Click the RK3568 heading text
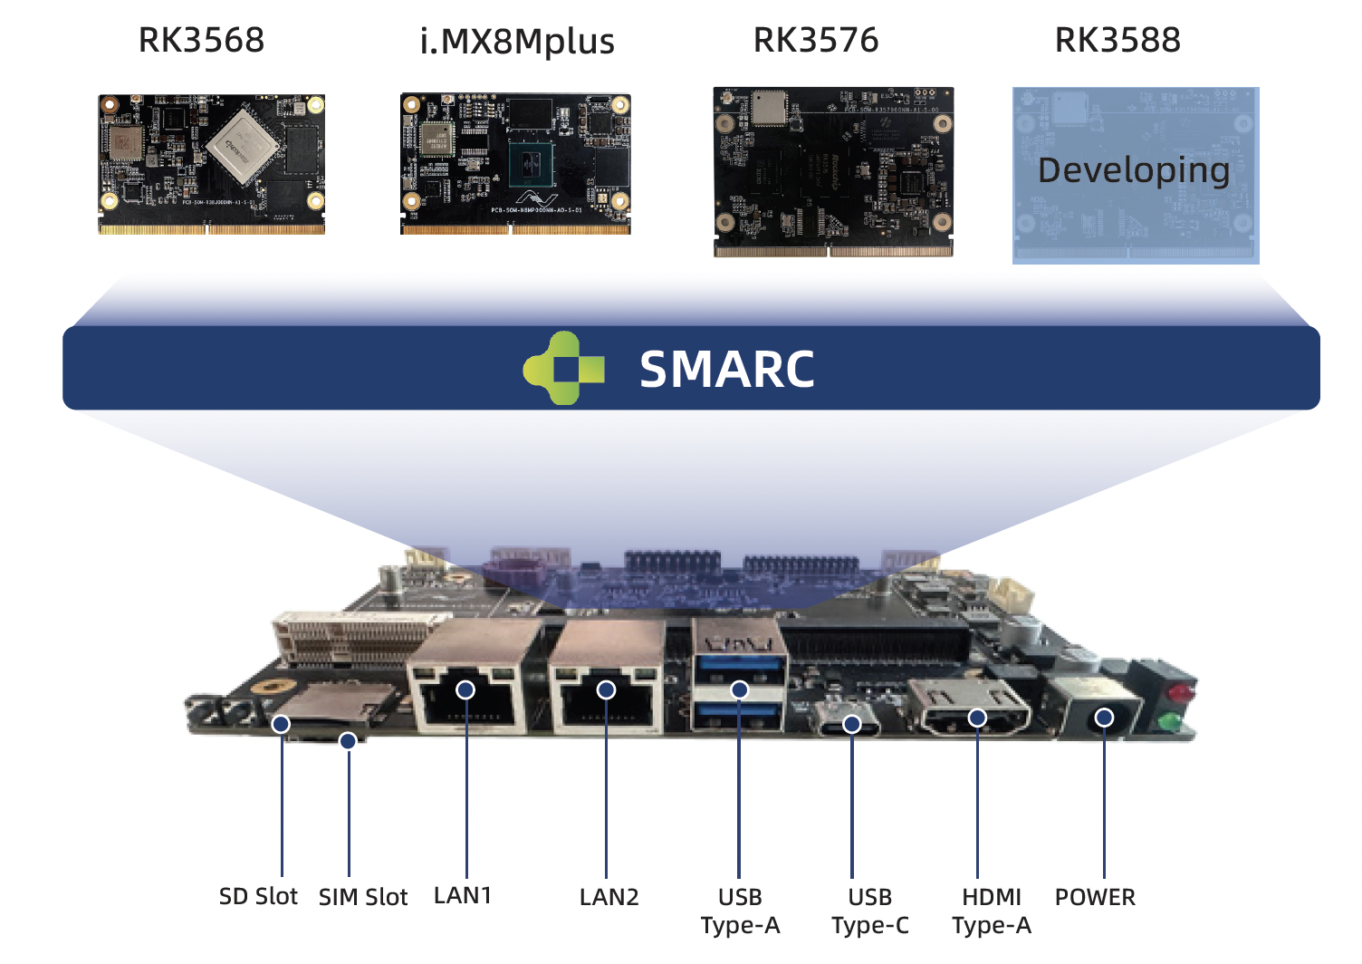[201, 40]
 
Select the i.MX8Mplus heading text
[517, 42]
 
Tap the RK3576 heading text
[816, 40]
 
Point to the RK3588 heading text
[1117, 40]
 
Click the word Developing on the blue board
[1134, 170]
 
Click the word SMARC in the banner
[727, 370]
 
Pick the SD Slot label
[258, 896]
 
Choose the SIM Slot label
[363, 897]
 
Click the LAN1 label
[463, 895]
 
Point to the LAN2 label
[609, 897]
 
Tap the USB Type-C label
[870, 911]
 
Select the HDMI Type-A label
[992, 911]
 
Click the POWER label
[1095, 897]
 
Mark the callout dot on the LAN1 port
[465, 690]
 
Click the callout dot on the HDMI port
[977, 718]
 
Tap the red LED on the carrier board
[1178, 694]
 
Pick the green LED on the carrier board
[1169, 722]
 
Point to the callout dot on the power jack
[1104, 718]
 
